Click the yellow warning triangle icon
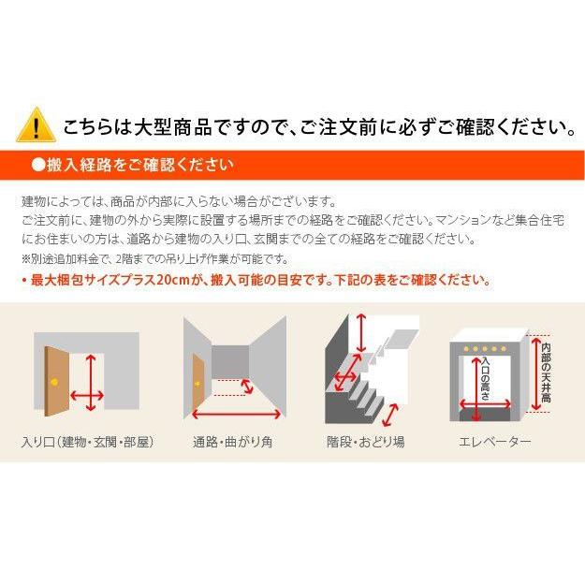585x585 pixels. (x=36, y=124)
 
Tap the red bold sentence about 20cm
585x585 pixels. (x=254, y=280)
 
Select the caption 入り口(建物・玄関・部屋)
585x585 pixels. (x=87, y=441)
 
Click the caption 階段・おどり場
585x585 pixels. (x=366, y=441)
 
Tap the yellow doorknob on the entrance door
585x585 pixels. (x=54, y=384)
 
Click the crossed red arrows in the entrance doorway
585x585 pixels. (x=88, y=383)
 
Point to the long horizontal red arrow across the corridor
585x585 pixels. (x=236, y=413)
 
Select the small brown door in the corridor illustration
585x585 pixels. (x=197, y=383)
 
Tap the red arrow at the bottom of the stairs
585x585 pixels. (x=390, y=412)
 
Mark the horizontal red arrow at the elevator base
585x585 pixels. (x=487, y=406)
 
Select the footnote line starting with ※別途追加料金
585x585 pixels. (x=154, y=259)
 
